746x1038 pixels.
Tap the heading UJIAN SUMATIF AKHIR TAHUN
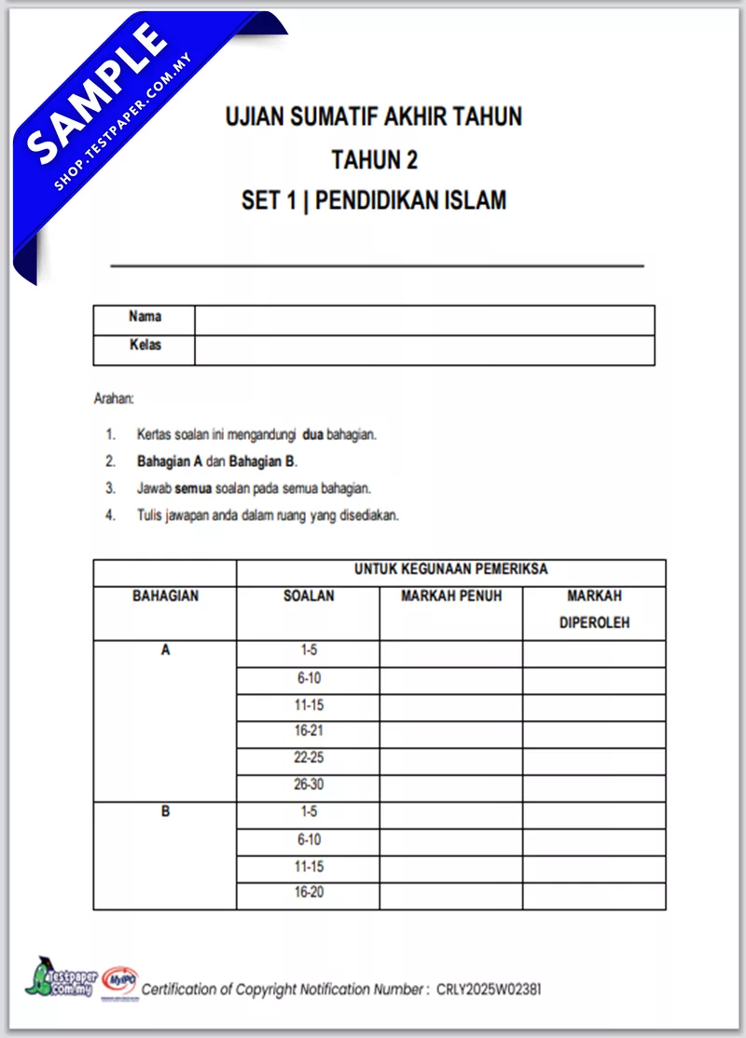373,117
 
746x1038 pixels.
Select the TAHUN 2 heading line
374,160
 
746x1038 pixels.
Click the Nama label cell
145,317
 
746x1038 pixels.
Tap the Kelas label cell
145,346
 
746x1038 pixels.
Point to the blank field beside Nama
424,320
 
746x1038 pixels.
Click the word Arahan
114,399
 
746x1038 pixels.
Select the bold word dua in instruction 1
312,434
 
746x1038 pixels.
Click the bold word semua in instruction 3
193,488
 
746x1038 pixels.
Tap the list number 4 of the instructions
110,515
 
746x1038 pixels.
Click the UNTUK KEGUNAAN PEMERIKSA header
450,569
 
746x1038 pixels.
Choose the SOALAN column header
309,595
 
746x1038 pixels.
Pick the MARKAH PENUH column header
451,595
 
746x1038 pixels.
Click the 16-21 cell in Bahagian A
309,731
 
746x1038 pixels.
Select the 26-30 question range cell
309,785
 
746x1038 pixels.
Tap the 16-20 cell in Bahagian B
309,893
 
